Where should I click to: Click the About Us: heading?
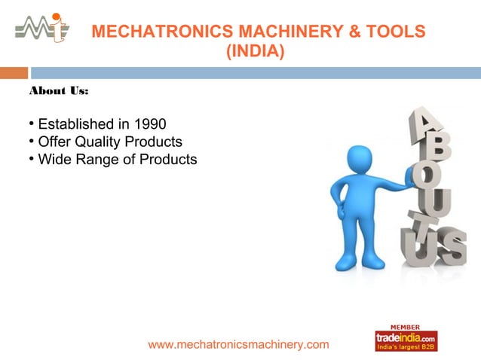click(59, 91)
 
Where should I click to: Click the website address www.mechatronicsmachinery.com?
click(238, 344)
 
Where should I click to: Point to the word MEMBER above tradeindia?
click(405, 327)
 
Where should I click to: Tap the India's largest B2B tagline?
click(406, 347)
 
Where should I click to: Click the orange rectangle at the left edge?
click(14, 73)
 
